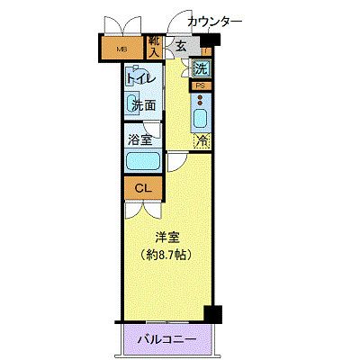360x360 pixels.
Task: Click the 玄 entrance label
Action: (x=180, y=47)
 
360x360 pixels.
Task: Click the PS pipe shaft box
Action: (x=200, y=85)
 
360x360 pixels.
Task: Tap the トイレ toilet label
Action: (x=141, y=78)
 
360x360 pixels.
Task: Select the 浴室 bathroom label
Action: (x=141, y=140)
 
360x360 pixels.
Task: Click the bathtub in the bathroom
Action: (x=142, y=161)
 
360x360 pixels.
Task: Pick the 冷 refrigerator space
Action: (x=202, y=140)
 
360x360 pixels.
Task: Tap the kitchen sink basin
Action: (x=201, y=118)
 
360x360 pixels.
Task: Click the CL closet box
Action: (x=142, y=188)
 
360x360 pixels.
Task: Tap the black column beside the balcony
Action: (x=212, y=314)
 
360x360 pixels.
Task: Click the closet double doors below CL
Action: (x=142, y=208)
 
